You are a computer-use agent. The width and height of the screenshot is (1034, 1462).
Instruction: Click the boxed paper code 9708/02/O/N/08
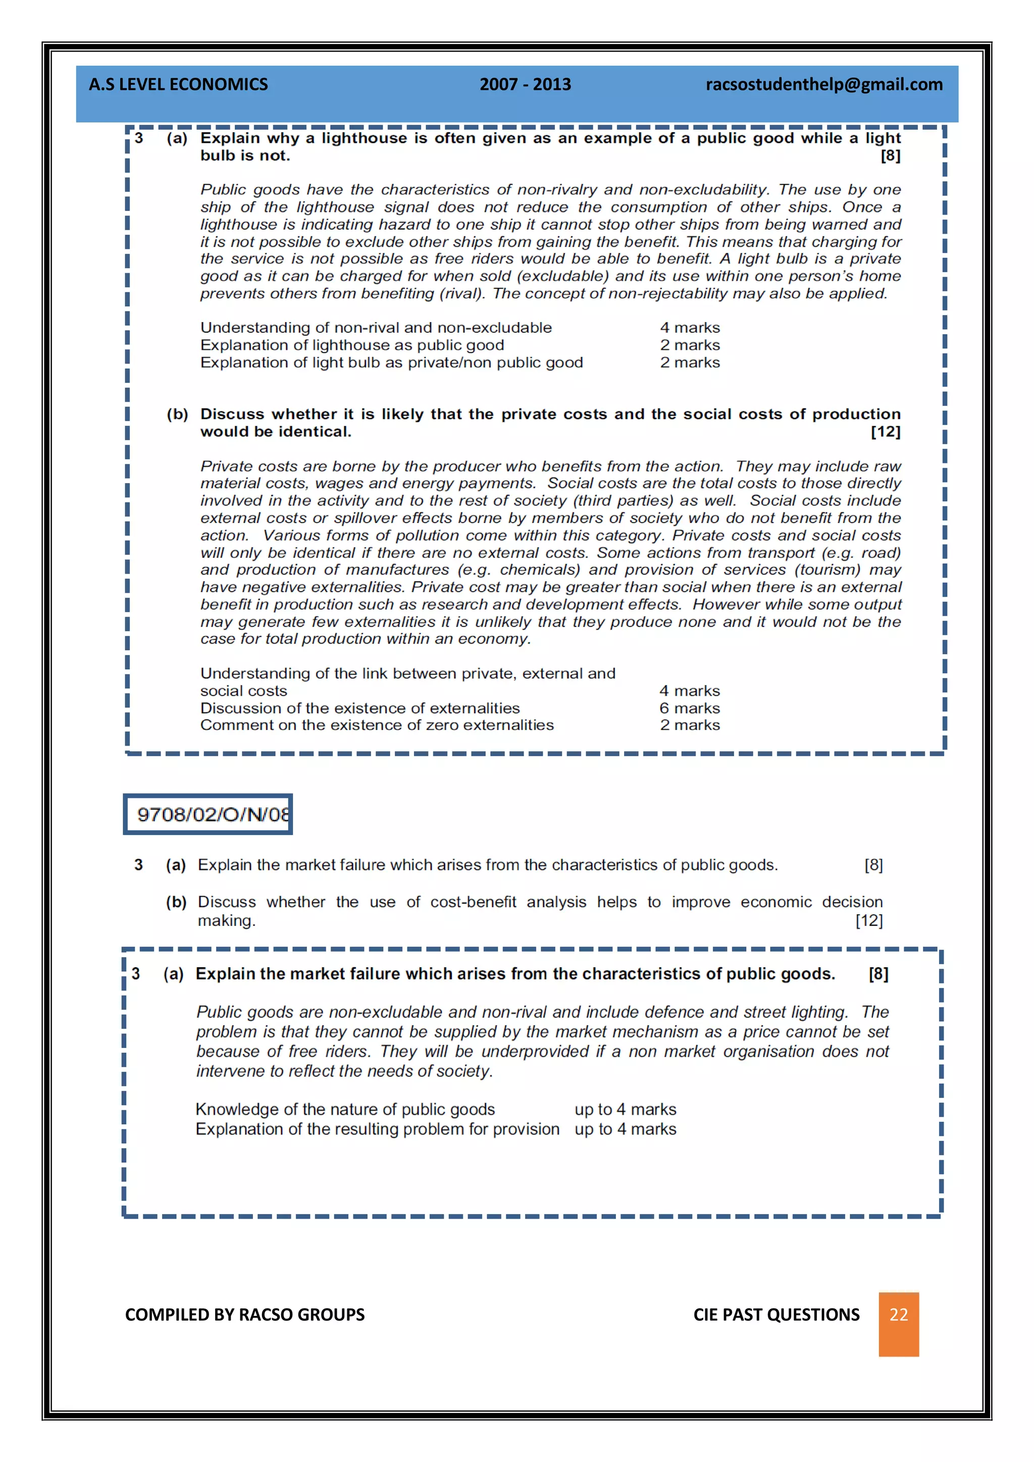pos(208,814)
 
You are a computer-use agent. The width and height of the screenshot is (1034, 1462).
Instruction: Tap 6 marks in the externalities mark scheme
pos(690,708)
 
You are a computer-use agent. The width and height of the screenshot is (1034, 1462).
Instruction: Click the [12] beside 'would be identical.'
pos(885,432)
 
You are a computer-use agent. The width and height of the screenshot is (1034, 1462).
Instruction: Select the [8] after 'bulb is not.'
pos(890,155)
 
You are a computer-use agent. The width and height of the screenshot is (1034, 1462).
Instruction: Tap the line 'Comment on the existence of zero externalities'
pos(377,725)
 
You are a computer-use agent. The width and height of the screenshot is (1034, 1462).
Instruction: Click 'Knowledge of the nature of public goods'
pos(345,1109)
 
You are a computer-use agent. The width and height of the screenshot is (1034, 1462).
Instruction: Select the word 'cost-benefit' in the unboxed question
pos(473,902)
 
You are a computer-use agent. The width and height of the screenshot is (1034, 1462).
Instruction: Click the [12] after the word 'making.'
pos(868,921)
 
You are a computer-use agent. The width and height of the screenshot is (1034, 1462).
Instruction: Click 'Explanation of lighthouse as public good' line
pos(352,345)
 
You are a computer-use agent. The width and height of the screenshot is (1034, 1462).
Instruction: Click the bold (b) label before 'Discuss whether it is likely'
pos(177,414)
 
